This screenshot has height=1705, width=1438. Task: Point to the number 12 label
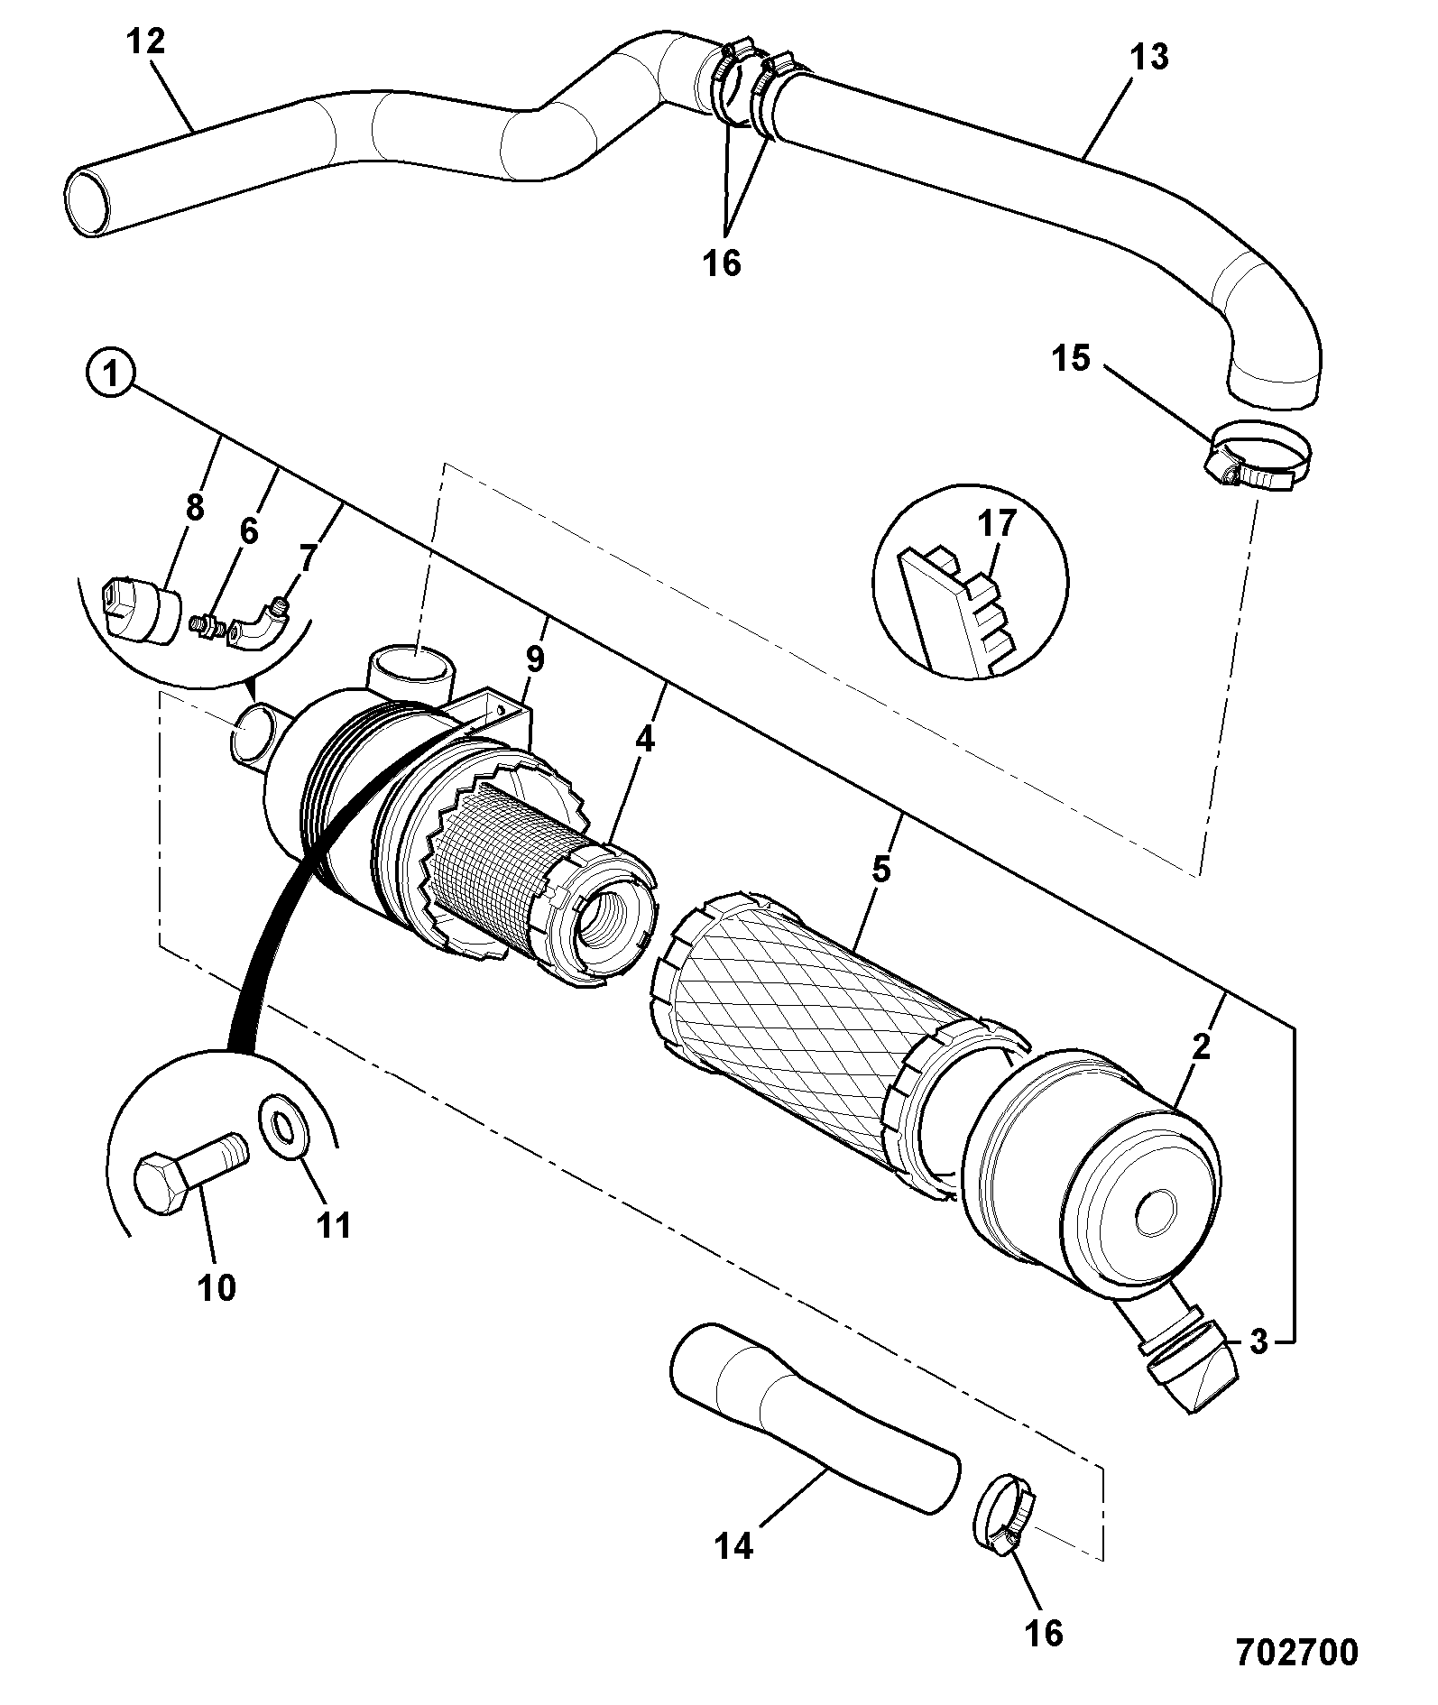145,41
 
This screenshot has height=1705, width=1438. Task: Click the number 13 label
1148,58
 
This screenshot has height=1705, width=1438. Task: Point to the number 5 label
880,870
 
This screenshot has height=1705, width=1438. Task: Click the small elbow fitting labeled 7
259,625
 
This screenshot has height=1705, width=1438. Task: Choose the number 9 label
535,659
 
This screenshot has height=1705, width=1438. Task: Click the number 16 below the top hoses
723,263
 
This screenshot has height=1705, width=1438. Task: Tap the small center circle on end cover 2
1157,1212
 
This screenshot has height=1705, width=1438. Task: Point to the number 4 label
643,739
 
